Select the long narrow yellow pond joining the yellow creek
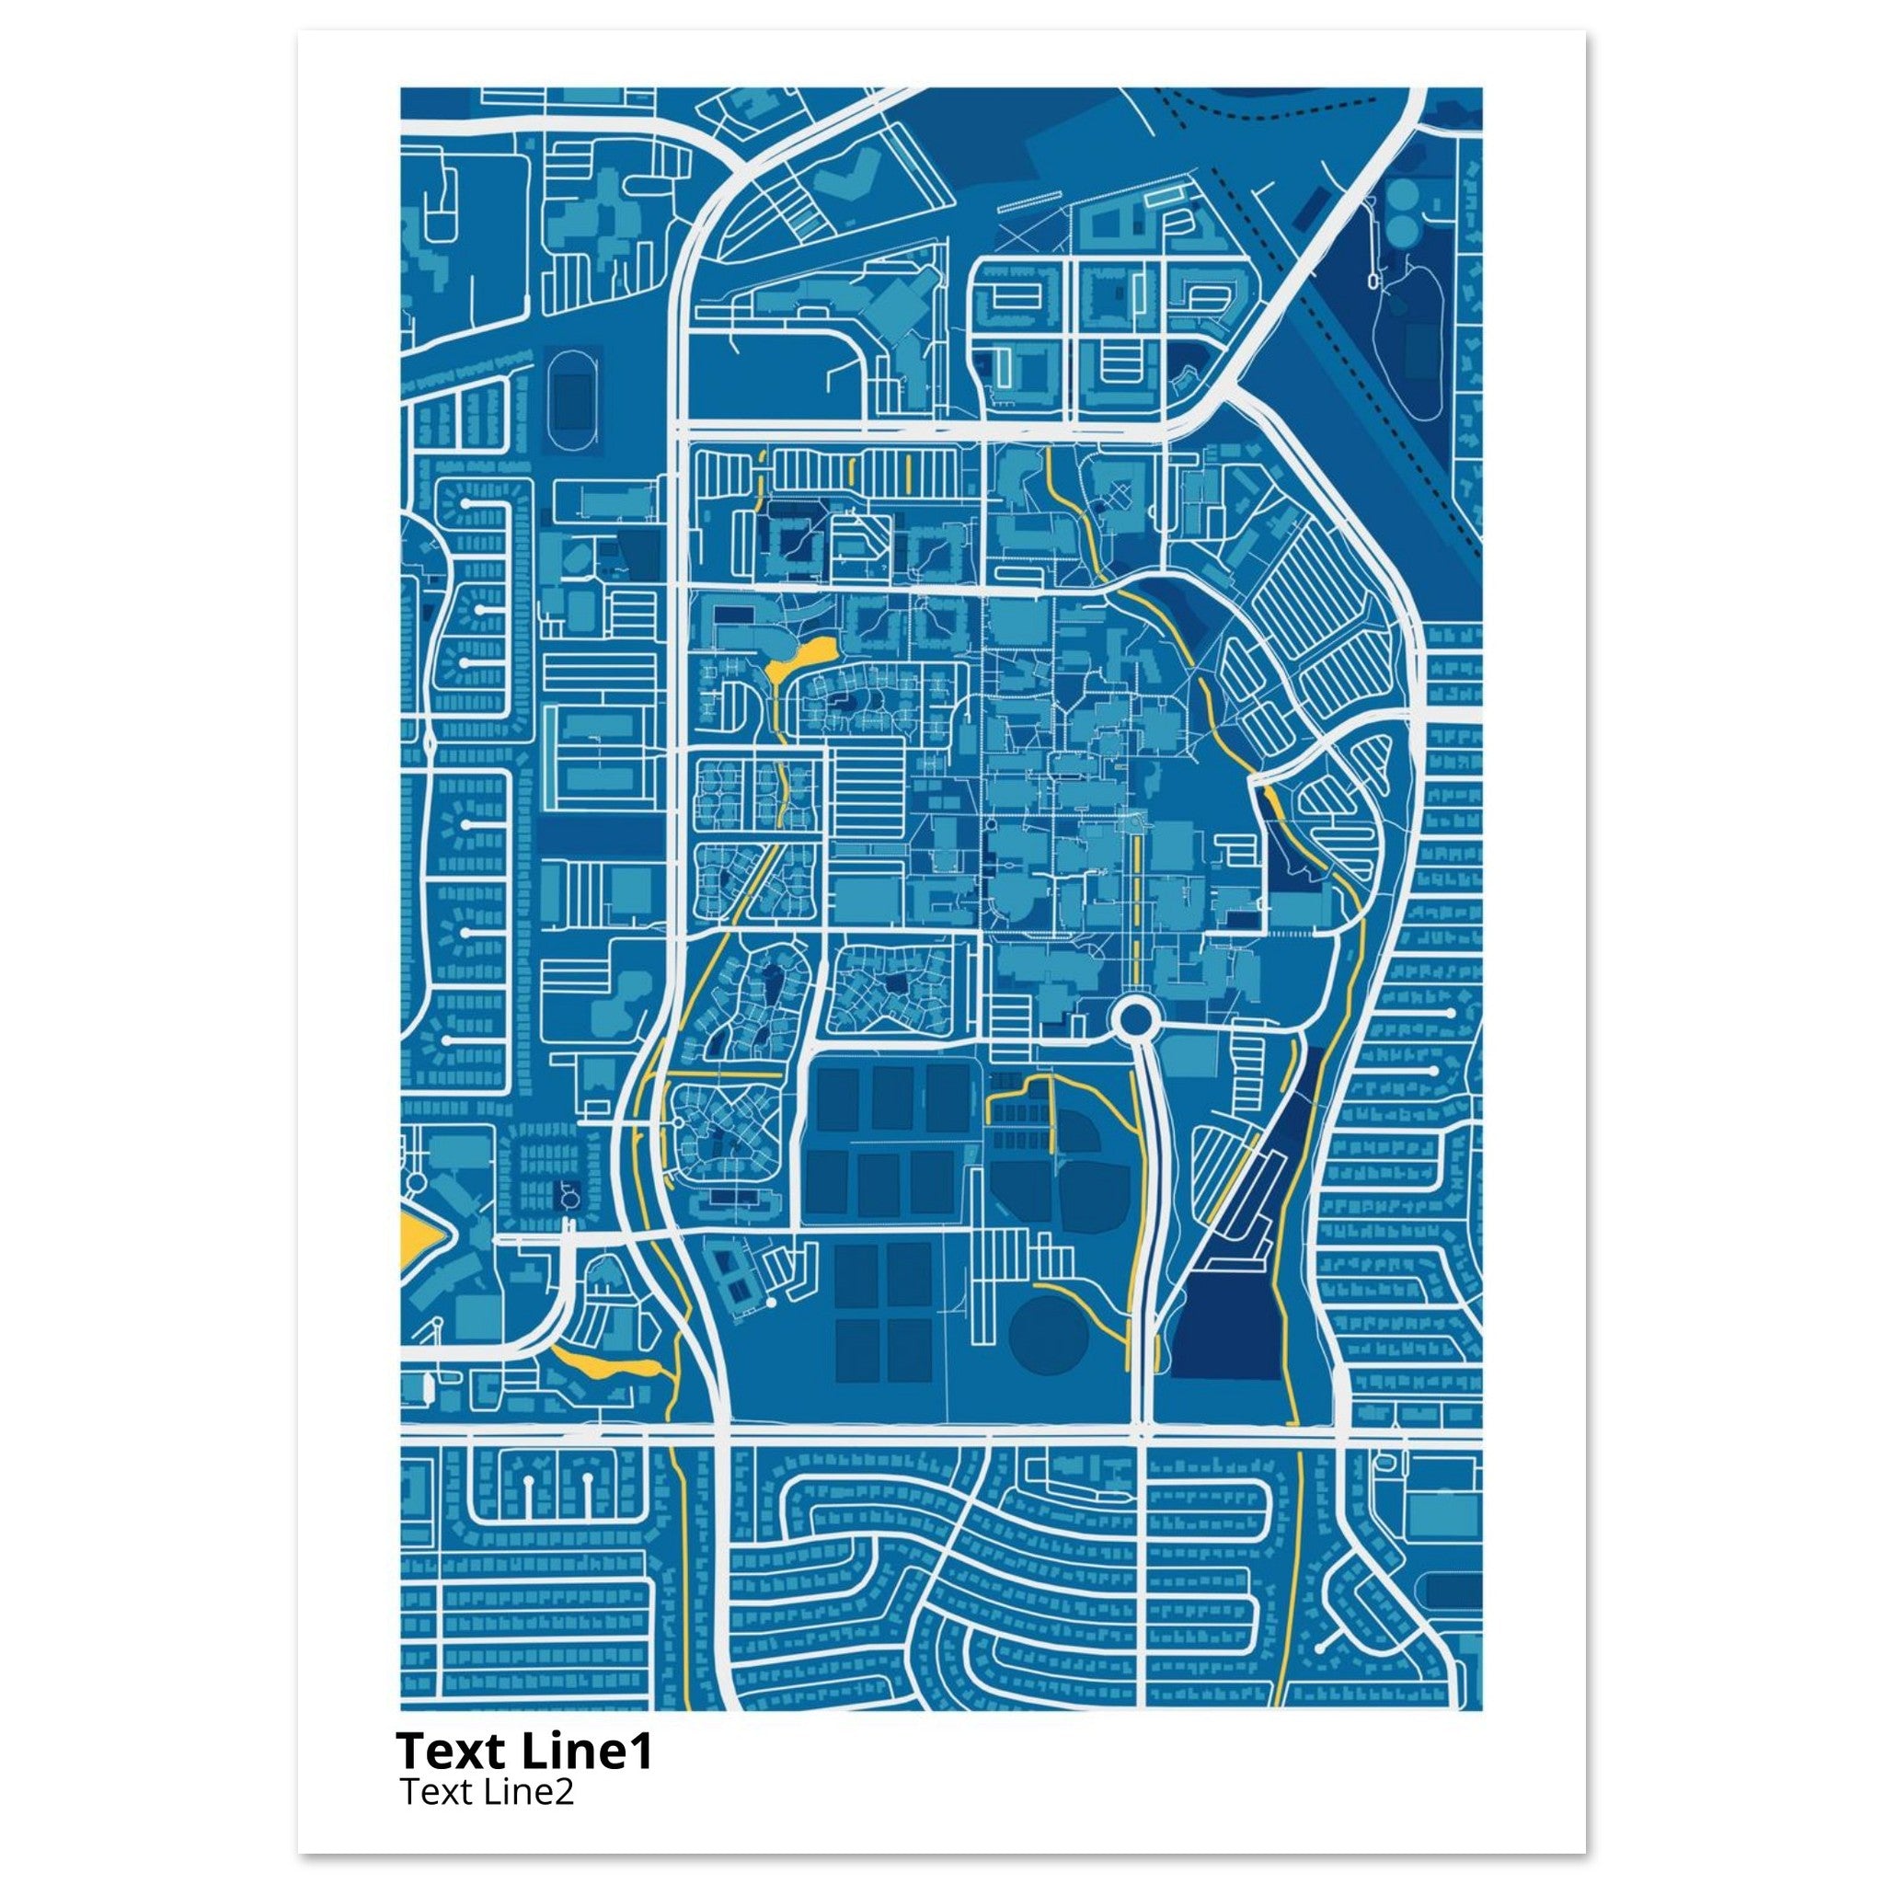[604, 1365]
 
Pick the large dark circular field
[1049, 1336]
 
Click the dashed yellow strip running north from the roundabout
[1137, 897]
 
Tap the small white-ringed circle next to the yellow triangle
[418, 1182]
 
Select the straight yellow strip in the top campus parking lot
[909, 473]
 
